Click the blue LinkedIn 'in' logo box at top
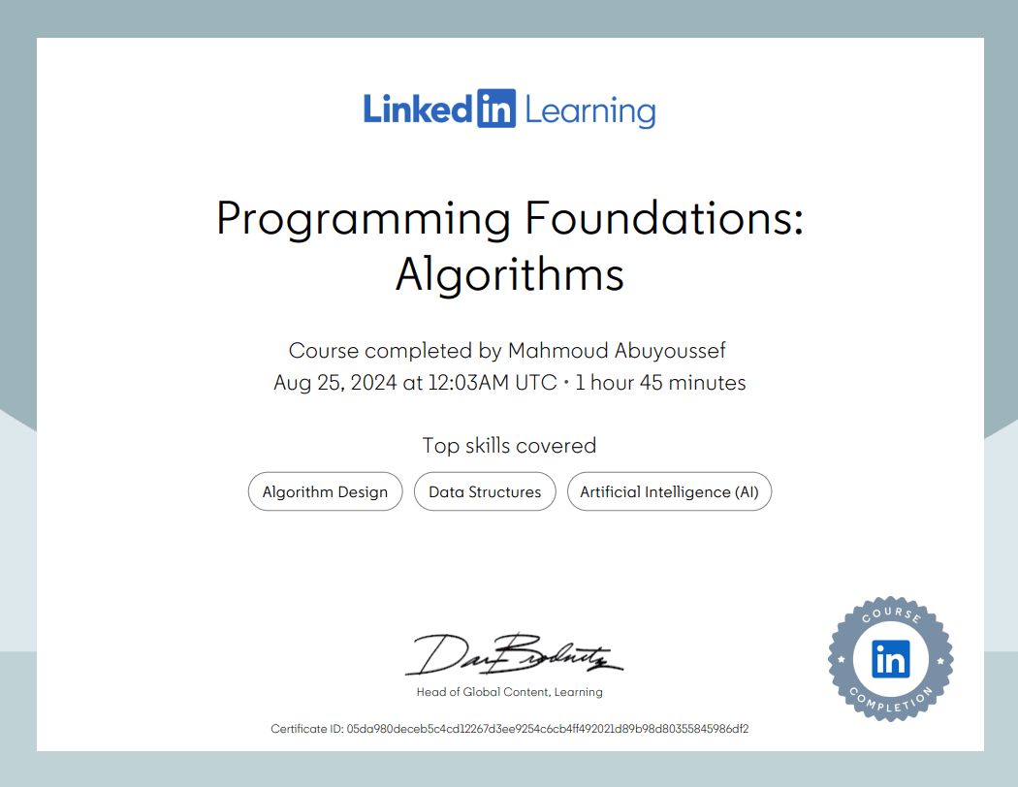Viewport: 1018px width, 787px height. coord(495,110)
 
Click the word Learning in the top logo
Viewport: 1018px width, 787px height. coord(589,111)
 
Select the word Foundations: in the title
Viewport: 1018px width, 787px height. coord(664,219)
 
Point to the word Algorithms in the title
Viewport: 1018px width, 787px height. coord(509,275)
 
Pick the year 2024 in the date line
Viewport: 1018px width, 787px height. coord(371,383)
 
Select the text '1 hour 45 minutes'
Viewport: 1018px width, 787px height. coord(660,383)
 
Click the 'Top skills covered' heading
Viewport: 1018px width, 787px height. coord(509,446)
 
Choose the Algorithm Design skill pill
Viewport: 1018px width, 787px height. coord(325,492)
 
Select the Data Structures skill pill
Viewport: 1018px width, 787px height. coord(485,492)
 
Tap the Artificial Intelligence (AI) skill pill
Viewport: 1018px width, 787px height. coord(669,492)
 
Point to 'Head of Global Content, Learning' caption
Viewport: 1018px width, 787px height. coord(509,692)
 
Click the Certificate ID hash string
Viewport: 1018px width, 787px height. coord(547,729)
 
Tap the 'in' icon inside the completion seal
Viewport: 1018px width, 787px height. coord(890,659)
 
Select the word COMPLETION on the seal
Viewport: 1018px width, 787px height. coord(890,701)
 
